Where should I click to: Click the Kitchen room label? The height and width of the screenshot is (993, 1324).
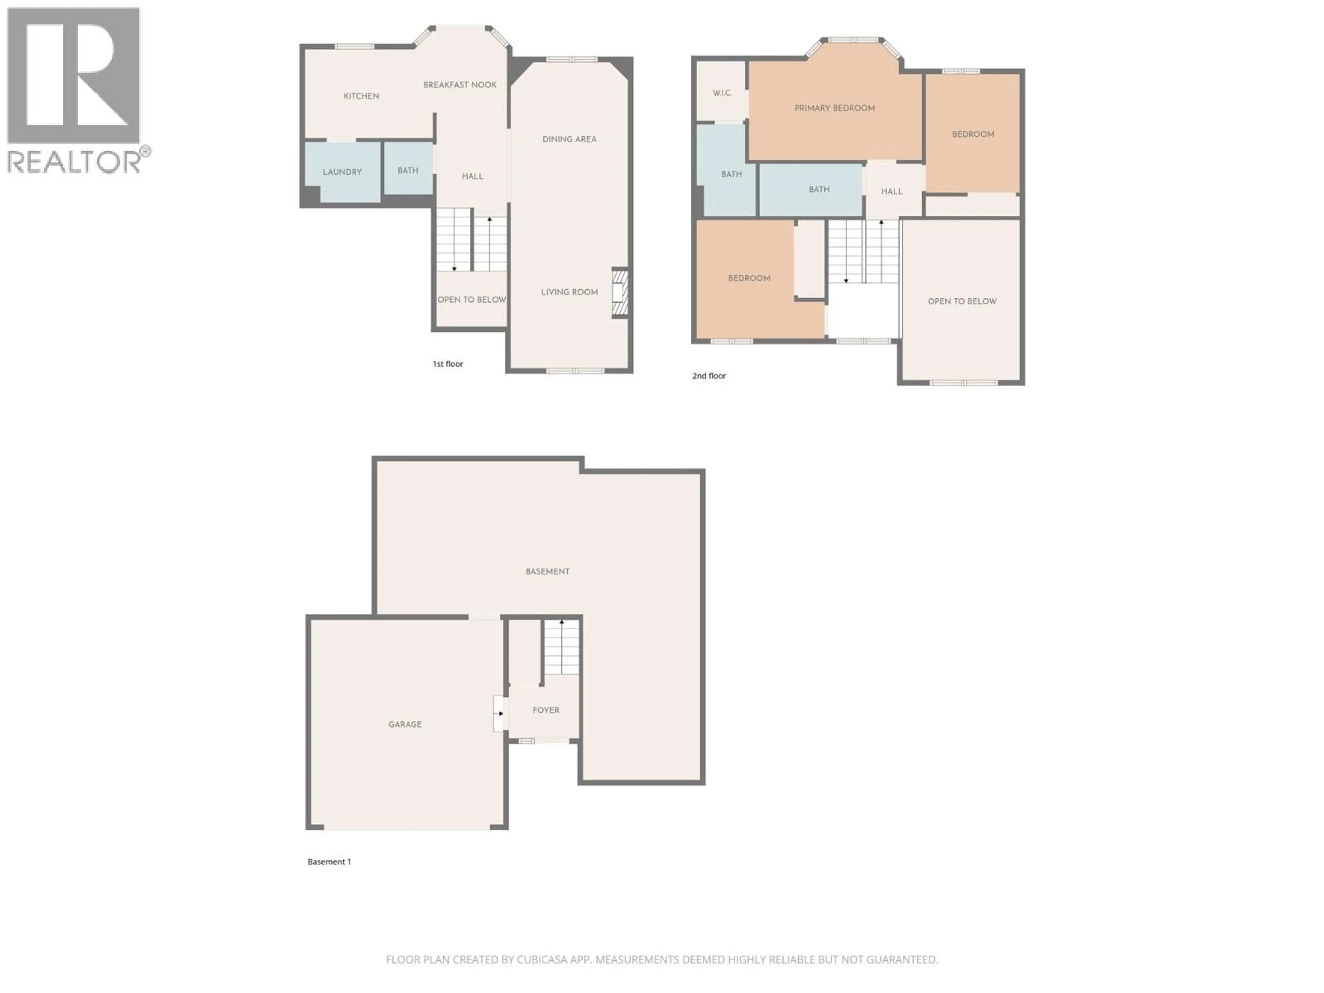[361, 96]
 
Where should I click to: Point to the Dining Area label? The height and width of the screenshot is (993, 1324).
[569, 139]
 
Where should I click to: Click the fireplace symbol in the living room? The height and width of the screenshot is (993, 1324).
[620, 293]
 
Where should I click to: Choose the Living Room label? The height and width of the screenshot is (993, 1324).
[569, 292]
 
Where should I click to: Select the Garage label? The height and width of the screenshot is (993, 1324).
[405, 724]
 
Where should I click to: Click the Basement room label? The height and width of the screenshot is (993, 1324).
[547, 572]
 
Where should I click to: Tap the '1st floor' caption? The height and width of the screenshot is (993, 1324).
[448, 364]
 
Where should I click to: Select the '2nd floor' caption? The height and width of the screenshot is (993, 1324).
[709, 376]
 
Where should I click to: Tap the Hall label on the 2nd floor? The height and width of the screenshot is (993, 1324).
[891, 192]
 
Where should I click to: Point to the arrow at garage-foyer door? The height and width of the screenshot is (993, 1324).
[500, 713]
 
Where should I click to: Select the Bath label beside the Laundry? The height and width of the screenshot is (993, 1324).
[408, 171]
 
